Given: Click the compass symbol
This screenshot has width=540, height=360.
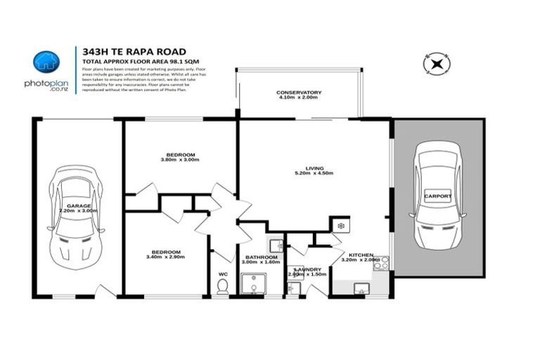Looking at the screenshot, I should coord(437,65).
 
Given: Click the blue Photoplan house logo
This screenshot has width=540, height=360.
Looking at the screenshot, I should coord(46,62).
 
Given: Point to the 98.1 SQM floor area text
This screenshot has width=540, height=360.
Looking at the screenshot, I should coord(184,62).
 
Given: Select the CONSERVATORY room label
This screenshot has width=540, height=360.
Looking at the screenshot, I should coord(299,93).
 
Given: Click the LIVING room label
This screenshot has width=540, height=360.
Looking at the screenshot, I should coord(314,168).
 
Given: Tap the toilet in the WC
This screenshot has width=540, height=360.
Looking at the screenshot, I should coord(223,285).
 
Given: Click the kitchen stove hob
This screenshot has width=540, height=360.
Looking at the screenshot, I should coord(380,264).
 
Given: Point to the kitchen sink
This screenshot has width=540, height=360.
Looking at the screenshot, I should coord(361,287).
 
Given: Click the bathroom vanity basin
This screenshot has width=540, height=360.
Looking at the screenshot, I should coord(276,245).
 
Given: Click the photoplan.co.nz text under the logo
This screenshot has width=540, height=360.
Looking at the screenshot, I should coord(46,85).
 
